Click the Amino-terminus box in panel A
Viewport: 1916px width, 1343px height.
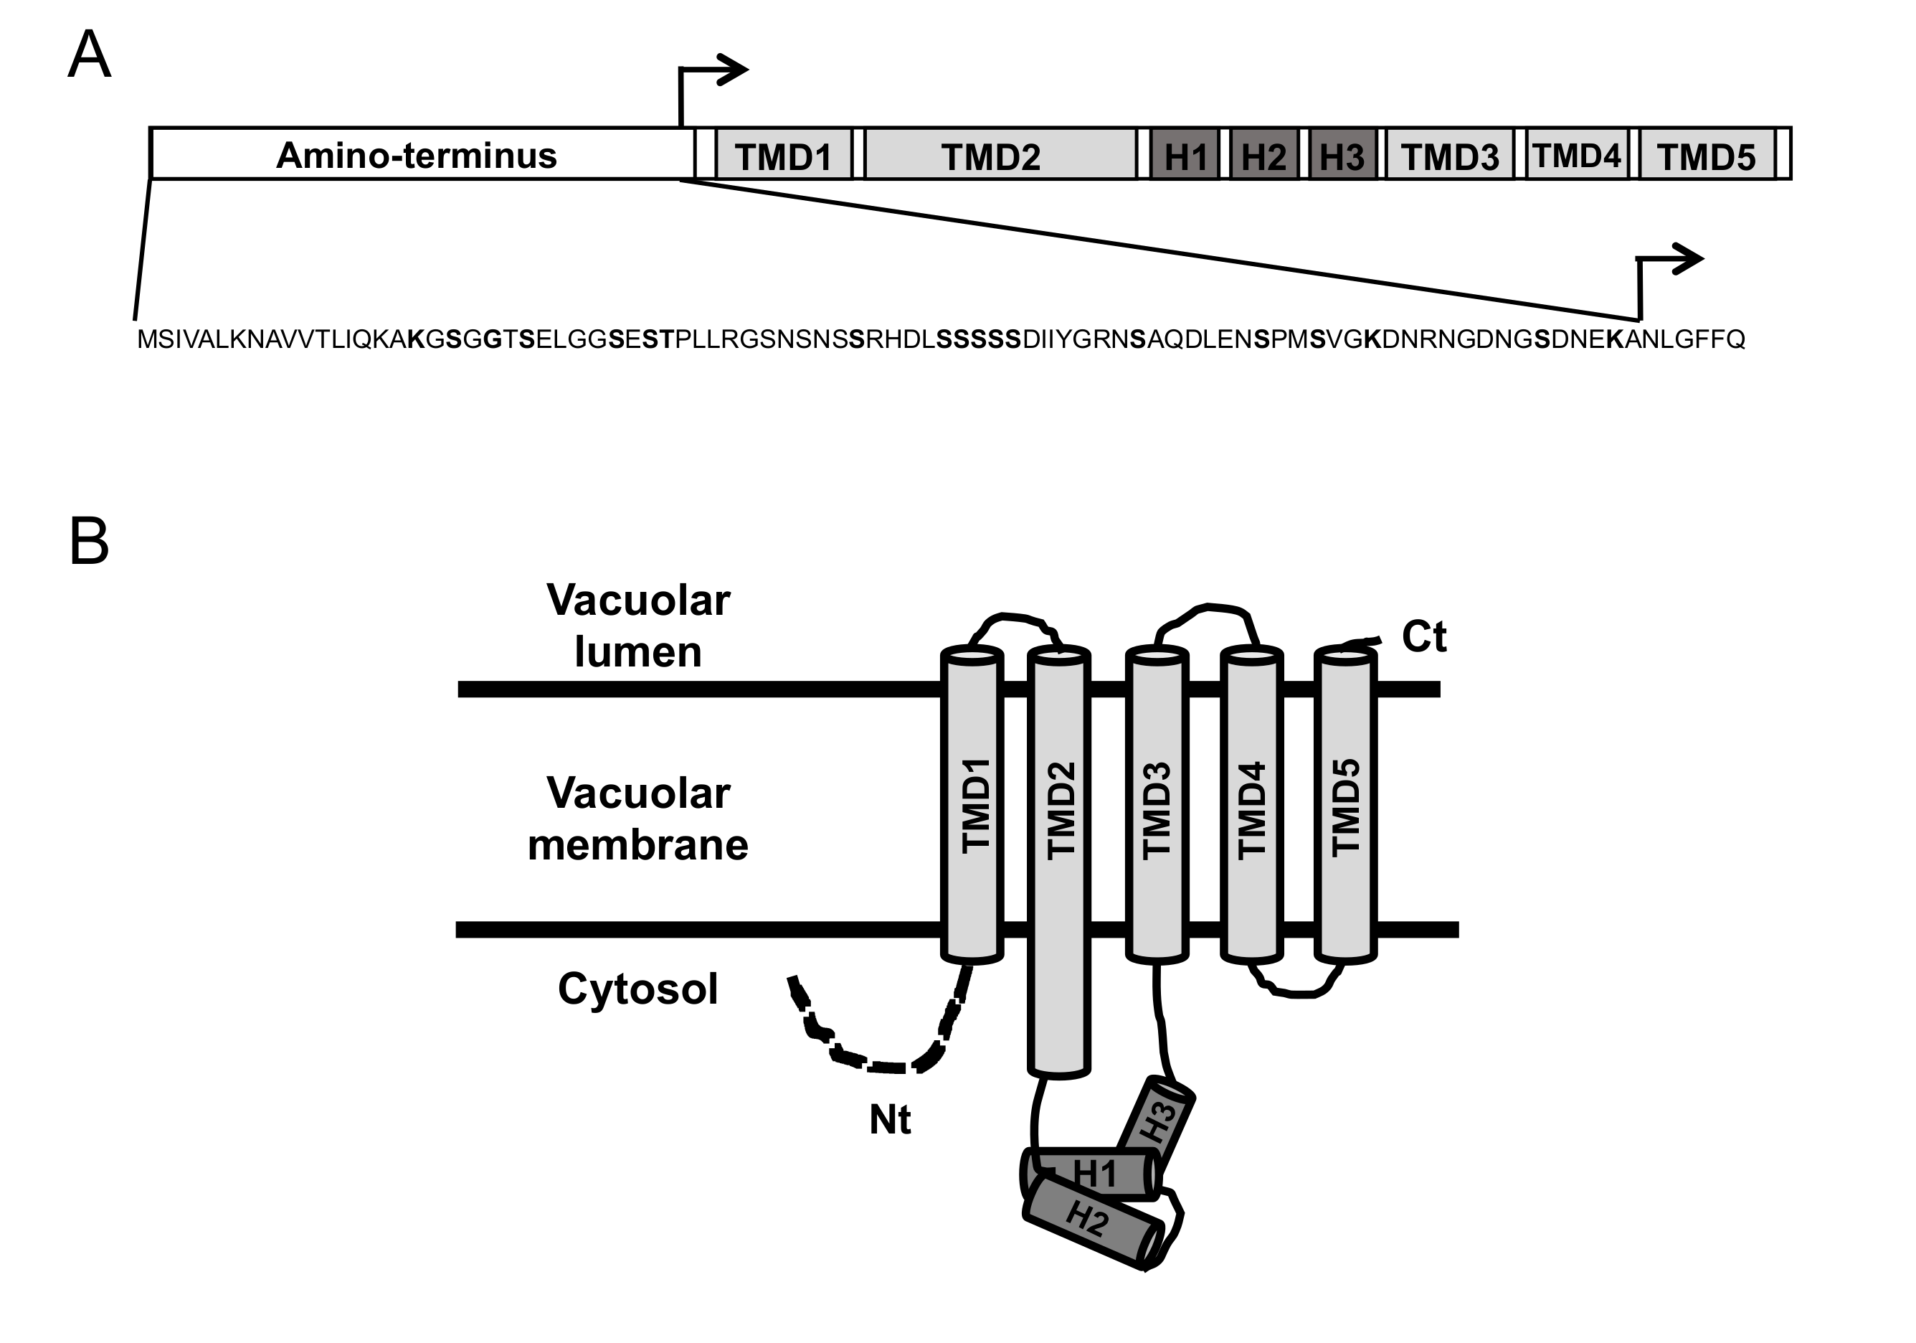click(417, 154)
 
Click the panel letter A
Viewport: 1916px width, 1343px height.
click(90, 55)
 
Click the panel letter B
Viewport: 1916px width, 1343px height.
click(90, 542)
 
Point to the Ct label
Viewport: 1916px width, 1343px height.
click(1423, 637)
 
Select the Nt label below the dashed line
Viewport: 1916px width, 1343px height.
click(890, 1119)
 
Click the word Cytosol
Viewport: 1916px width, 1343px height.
click(637, 989)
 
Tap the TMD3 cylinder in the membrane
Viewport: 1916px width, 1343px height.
click(1157, 806)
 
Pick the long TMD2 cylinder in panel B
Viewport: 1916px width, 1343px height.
click(1058, 859)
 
